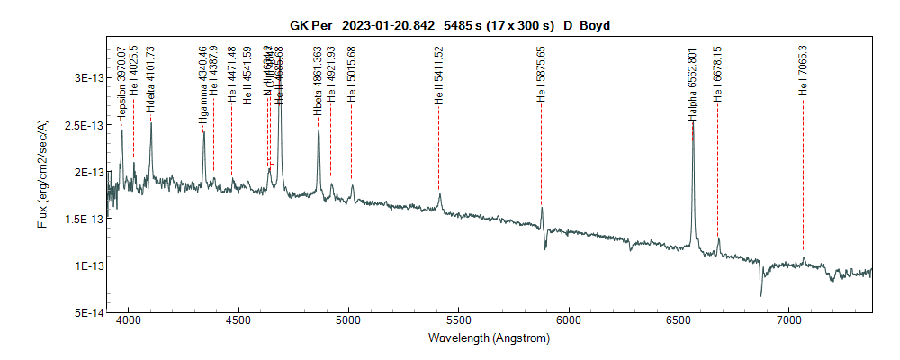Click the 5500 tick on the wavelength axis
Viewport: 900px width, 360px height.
pos(459,319)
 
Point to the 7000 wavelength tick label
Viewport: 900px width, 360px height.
pos(788,319)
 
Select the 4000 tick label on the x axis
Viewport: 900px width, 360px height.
pos(129,319)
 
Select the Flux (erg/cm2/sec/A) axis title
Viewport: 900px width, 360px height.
pos(42,174)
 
